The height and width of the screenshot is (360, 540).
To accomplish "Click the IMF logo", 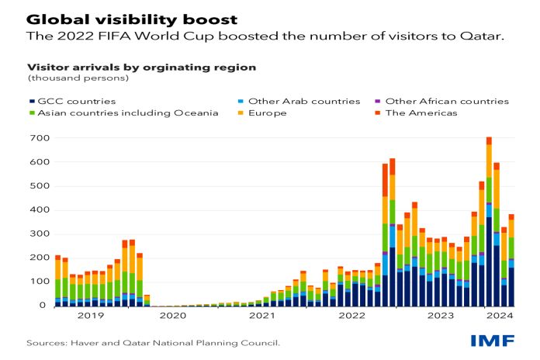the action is click(493, 341).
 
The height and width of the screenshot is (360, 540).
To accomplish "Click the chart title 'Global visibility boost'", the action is click(132, 19).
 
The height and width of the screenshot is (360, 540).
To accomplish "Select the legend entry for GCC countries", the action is click(73, 102).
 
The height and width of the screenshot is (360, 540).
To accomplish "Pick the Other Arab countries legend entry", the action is click(299, 102).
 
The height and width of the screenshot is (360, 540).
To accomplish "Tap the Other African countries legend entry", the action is click(441, 102).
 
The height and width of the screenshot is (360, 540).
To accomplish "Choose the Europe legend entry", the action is click(262, 113).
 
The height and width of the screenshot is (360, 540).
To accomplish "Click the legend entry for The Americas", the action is click(416, 113).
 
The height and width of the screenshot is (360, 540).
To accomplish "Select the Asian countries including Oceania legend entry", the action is click(123, 113).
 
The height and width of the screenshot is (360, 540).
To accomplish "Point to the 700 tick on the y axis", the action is click(40, 138).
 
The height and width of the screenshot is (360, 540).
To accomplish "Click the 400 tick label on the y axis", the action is click(40, 209).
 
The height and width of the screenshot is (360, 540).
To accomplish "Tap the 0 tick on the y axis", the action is click(43, 305).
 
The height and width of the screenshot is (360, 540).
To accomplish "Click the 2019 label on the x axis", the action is click(91, 316).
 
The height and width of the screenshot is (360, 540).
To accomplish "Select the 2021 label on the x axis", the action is click(262, 316).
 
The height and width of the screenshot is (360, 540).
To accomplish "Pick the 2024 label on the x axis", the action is click(500, 316).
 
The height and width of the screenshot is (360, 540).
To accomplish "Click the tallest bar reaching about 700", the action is click(489, 222).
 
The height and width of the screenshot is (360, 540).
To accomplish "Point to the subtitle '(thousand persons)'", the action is click(78, 78).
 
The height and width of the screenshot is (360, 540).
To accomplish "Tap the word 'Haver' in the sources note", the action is click(83, 343).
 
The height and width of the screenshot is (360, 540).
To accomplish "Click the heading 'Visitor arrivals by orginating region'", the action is click(141, 67).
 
